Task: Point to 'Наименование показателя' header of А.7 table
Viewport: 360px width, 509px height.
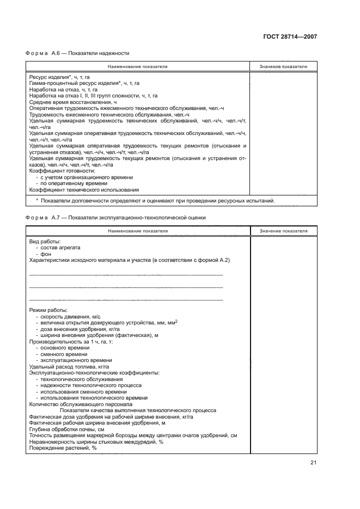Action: [x=137, y=231]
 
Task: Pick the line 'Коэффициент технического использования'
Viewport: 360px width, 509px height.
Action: [x=84, y=190]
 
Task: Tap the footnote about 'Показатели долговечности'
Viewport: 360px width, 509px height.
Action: [x=155, y=200]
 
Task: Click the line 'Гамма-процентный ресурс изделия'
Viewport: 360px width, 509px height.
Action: [x=84, y=83]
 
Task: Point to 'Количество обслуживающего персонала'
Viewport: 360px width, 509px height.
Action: [x=81, y=404]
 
